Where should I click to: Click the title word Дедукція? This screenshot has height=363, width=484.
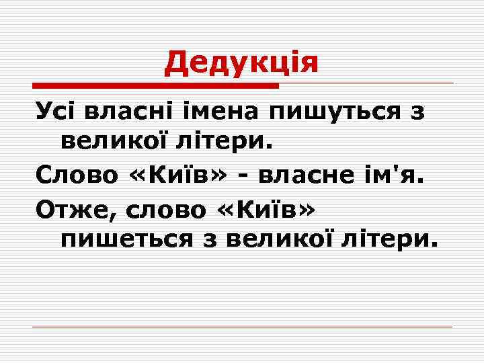pyautogui.click(x=241, y=63)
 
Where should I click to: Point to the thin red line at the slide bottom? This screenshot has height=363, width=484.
pyautogui.click(x=242, y=327)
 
